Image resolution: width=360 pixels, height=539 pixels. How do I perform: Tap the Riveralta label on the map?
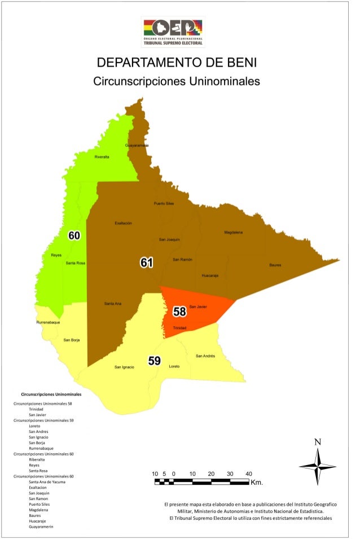point(102,156)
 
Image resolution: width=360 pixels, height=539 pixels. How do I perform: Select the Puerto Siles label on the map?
point(164,203)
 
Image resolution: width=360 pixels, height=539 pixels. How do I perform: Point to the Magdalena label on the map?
point(233,233)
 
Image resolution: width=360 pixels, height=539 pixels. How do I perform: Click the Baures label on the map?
point(275,265)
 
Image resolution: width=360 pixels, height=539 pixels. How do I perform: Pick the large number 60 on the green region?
point(74,235)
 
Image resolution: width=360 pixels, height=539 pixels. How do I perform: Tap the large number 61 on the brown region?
point(147,262)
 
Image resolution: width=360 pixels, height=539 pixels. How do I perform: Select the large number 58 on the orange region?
point(179,311)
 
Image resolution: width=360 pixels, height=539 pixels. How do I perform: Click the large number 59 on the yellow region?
point(154,361)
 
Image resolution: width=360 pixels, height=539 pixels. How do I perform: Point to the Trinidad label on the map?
point(179,328)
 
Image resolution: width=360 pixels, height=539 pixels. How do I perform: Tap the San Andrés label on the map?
point(205,356)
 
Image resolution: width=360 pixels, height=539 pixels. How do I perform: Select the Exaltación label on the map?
point(123,223)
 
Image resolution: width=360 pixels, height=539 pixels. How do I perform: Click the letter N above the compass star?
point(318,442)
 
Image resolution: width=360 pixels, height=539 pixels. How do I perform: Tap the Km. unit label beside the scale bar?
point(257,483)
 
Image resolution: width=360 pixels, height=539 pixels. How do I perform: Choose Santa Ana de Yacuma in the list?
point(45,482)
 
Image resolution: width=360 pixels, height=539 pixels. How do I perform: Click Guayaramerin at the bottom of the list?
point(41,527)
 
